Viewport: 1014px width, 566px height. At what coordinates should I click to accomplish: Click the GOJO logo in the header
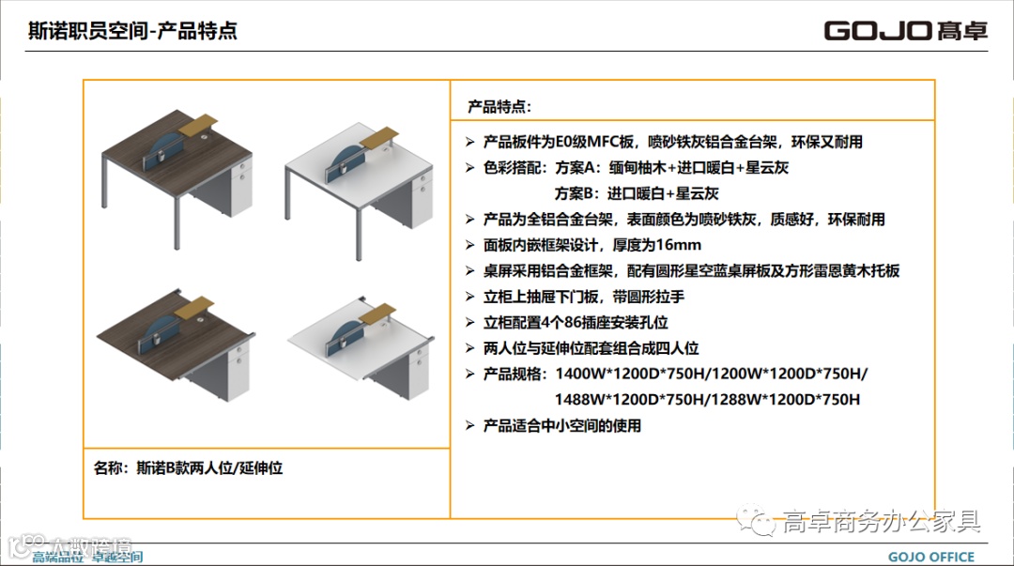[x=905, y=30]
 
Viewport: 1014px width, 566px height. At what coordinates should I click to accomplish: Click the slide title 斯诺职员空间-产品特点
[x=133, y=31]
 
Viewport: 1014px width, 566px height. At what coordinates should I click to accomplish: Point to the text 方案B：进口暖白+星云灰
[x=636, y=193]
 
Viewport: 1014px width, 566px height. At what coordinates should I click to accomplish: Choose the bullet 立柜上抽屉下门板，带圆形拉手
[x=584, y=297]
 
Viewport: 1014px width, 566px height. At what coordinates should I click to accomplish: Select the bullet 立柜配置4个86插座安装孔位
[x=576, y=322]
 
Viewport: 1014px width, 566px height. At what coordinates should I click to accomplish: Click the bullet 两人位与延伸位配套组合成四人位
[x=591, y=347]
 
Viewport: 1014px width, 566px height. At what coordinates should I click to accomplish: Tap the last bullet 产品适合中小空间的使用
[x=562, y=425]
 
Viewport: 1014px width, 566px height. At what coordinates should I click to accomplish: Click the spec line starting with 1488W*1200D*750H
[x=707, y=399]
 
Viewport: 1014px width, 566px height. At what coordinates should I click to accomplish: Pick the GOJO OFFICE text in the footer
[x=930, y=557]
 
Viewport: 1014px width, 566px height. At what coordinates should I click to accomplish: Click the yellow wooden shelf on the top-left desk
[x=198, y=124]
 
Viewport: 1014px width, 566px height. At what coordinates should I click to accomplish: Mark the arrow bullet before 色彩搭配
[x=470, y=168]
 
